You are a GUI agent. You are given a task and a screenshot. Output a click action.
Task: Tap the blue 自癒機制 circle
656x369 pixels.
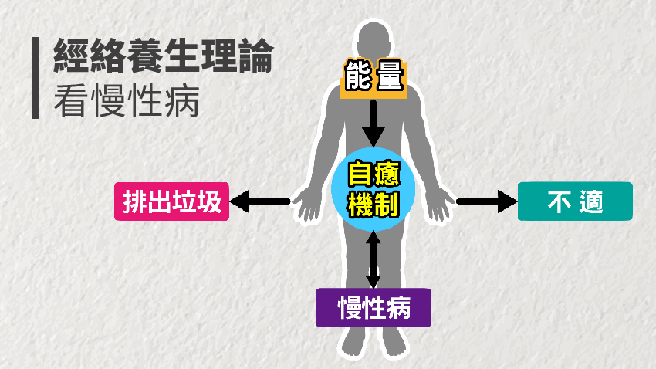tap(374, 190)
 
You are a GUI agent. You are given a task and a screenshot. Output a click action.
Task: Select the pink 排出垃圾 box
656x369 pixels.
tap(171, 201)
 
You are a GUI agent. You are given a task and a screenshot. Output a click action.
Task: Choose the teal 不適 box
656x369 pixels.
tap(575, 201)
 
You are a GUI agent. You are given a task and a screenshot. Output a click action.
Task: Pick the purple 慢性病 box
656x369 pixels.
tap(374, 308)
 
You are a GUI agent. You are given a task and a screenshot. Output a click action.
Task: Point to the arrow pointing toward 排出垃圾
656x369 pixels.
tap(259, 202)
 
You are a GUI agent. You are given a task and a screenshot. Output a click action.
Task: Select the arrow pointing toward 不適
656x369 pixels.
tap(486, 202)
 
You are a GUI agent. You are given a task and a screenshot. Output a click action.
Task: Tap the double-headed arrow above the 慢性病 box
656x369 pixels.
tap(374, 259)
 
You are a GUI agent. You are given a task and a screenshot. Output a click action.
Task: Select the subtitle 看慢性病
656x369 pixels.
tap(127, 100)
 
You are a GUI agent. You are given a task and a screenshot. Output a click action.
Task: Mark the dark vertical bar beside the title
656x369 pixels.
tap(36, 77)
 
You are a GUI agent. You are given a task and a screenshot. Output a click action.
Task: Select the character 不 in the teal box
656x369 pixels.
tap(559, 201)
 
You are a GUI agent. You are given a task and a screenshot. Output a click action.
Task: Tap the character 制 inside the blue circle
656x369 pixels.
tap(387, 205)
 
